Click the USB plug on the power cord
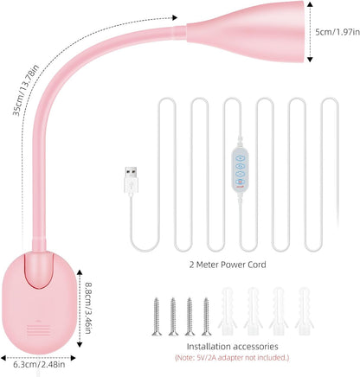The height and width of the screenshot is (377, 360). point(131,180)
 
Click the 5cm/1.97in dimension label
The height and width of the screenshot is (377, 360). point(337,32)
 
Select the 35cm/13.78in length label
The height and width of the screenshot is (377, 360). point(25,90)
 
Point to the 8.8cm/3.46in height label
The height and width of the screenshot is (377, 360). point(88,308)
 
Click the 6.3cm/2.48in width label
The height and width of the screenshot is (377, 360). point(39,364)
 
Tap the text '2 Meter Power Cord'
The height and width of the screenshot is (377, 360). point(228,265)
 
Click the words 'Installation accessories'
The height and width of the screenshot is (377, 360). point(233,346)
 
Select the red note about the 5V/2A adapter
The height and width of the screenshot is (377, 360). point(232,358)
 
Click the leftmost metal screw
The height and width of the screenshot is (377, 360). point(157,316)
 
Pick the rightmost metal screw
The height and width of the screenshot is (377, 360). point(206,316)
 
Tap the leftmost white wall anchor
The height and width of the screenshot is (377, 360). point(228,311)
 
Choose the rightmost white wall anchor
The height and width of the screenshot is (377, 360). point(305,311)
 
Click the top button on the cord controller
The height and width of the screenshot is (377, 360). point(241,158)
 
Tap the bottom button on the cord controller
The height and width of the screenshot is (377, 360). point(241,182)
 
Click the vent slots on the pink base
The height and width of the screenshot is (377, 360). point(38,330)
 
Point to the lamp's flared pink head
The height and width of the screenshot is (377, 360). point(246,31)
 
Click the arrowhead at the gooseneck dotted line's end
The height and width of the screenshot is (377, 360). point(175,18)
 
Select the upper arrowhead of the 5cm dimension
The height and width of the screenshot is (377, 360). point(310,3)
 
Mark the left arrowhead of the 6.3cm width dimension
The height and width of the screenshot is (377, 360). point(3,358)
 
